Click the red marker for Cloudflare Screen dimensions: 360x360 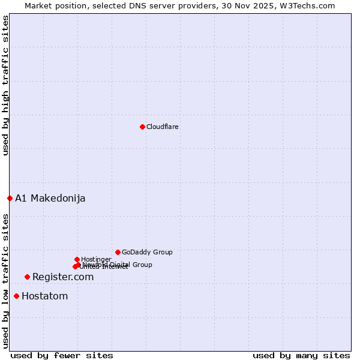click(142, 127)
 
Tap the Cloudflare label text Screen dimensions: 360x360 click(162, 127)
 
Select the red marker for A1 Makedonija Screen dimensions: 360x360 click(10, 198)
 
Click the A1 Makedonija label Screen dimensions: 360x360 click(50, 199)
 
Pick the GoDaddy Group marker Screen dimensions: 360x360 click(118, 252)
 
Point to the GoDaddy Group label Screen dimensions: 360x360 click(147, 253)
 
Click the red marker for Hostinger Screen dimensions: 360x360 click(77, 259)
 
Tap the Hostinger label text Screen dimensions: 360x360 click(96, 260)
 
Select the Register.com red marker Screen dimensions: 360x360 click(27, 277)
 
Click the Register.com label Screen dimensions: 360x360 click(63, 277)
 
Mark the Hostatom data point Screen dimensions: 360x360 click(16, 296)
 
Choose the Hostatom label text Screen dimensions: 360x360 click(44, 296)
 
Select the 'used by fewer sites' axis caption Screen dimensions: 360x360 click(62, 356)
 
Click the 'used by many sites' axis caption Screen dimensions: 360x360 click(301, 356)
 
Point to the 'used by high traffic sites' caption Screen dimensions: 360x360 click(6, 85)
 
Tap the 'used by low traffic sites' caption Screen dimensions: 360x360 click(6, 280)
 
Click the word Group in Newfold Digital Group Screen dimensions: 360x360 click(142, 265)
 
